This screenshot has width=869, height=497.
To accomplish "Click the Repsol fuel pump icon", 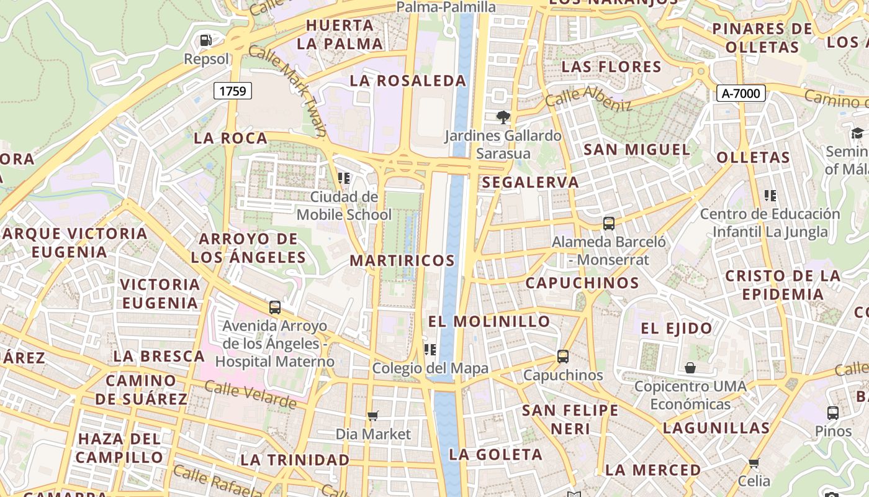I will pyautogui.click(x=205, y=41).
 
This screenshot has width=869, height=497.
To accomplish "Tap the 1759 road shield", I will pyautogui.click(x=233, y=91).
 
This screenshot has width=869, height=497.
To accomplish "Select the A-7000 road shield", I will pyautogui.click(x=741, y=93).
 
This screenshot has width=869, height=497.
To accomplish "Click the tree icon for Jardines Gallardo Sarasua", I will pyautogui.click(x=503, y=117).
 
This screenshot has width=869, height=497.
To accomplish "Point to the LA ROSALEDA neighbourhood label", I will pyautogui.click(x=408, y=81).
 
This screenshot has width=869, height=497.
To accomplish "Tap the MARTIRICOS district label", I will pyautogui.click(x=402, y=260).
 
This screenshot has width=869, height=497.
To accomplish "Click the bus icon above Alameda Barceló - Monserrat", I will pyautogui.click(x=609, y=224).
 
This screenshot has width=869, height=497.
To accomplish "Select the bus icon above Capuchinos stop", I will pyautogui.click(x=563, y=357).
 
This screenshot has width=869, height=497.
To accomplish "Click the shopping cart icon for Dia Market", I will pyautogui.click(x=373, y=416).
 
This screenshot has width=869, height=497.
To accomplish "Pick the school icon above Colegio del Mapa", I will pyautogui.click(x=430, y=350).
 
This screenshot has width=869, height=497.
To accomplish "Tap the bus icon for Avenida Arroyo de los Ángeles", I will pyautogui.click(x=275, y=307).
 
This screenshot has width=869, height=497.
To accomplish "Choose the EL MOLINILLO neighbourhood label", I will pyautogui.click(x=489, y=321).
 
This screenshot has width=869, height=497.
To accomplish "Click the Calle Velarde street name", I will pyautogui.click(x=250, y=394).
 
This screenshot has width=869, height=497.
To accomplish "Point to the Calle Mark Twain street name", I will pyautogui.click(x=288, y=89).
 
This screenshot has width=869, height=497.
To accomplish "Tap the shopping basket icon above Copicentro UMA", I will pyautogui.click(x=690, y=368).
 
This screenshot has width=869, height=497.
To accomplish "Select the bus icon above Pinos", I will pyautogui.click(x=833, y=413).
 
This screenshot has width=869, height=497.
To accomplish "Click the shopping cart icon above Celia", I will pyautogui.click(x=754, y=463).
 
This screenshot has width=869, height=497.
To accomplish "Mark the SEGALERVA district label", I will pyautogui.click(x=530, y=183).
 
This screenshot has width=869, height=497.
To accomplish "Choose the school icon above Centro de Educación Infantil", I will pyautogui.click(x=770, y=196).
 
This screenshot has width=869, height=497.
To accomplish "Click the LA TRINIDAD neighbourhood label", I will pyautogui.click(x=295, y=460).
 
